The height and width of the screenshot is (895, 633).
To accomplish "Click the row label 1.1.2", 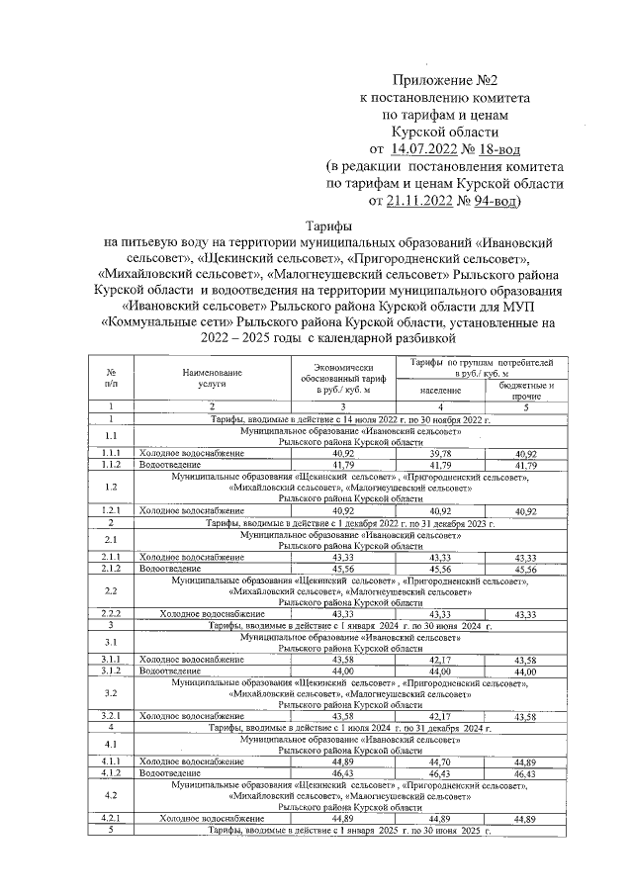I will [112, 464].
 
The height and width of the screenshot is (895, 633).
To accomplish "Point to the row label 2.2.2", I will [112, 613].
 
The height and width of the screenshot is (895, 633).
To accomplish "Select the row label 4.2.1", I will [112, 819].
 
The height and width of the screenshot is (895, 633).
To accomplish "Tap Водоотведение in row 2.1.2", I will [164, 569].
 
